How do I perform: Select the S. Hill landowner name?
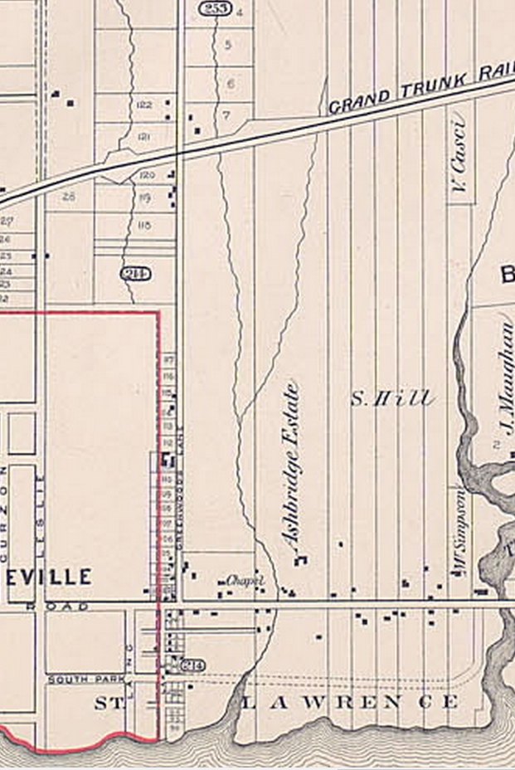click(x=391, y=399)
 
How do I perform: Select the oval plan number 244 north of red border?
click(x=133, y=273)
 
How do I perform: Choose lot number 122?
click(x=143, y=105)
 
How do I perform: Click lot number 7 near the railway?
click(x=226, y=114)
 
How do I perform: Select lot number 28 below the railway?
click(x=68, y=197)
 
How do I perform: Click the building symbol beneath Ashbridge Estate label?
click(x=300, y=561)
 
